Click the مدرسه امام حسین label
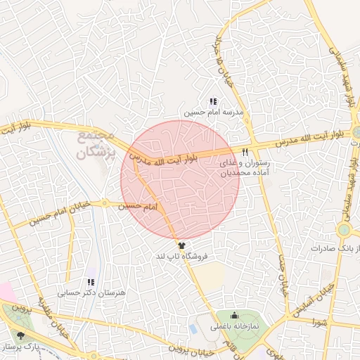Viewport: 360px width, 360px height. tap(214, 112)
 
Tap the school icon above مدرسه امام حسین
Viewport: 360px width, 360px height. tap(214, 102)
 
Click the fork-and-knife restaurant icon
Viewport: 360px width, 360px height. tap(245, 152)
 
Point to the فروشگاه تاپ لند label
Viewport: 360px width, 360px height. tap(183, 257)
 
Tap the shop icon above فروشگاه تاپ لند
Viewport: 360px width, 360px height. tap(183, 246)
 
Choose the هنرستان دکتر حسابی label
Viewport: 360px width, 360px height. tap(89, 292)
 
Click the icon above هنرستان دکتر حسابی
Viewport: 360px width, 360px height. tap(89, 282)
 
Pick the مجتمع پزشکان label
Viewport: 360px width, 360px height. tap(92, 142)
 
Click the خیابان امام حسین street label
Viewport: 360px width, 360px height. tap(59, 214)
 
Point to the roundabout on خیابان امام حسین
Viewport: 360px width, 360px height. tap(104, 204)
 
